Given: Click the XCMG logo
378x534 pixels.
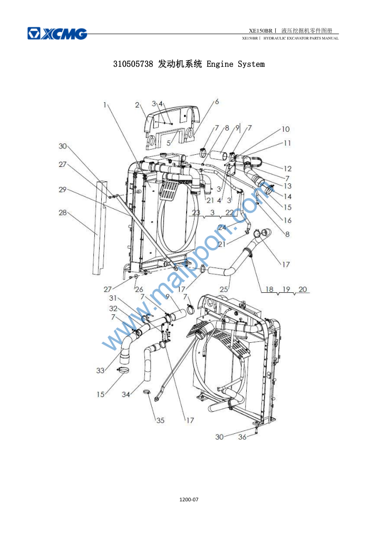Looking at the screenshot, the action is (57, 34).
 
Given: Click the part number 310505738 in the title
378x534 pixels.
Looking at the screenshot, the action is (133, 64).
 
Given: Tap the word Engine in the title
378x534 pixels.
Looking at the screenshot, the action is (220, 64).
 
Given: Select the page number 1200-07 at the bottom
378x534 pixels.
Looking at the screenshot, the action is (189, 500).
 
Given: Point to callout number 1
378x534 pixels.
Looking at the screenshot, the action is (105, 105).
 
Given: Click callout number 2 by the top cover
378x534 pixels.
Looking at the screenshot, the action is (137, 105).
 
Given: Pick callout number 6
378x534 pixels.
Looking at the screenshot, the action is (217, 102).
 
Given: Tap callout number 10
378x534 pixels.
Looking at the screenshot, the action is (285, 129).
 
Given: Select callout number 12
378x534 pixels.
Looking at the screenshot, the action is (288, 169).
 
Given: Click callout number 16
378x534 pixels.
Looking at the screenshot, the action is (288, 220).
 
